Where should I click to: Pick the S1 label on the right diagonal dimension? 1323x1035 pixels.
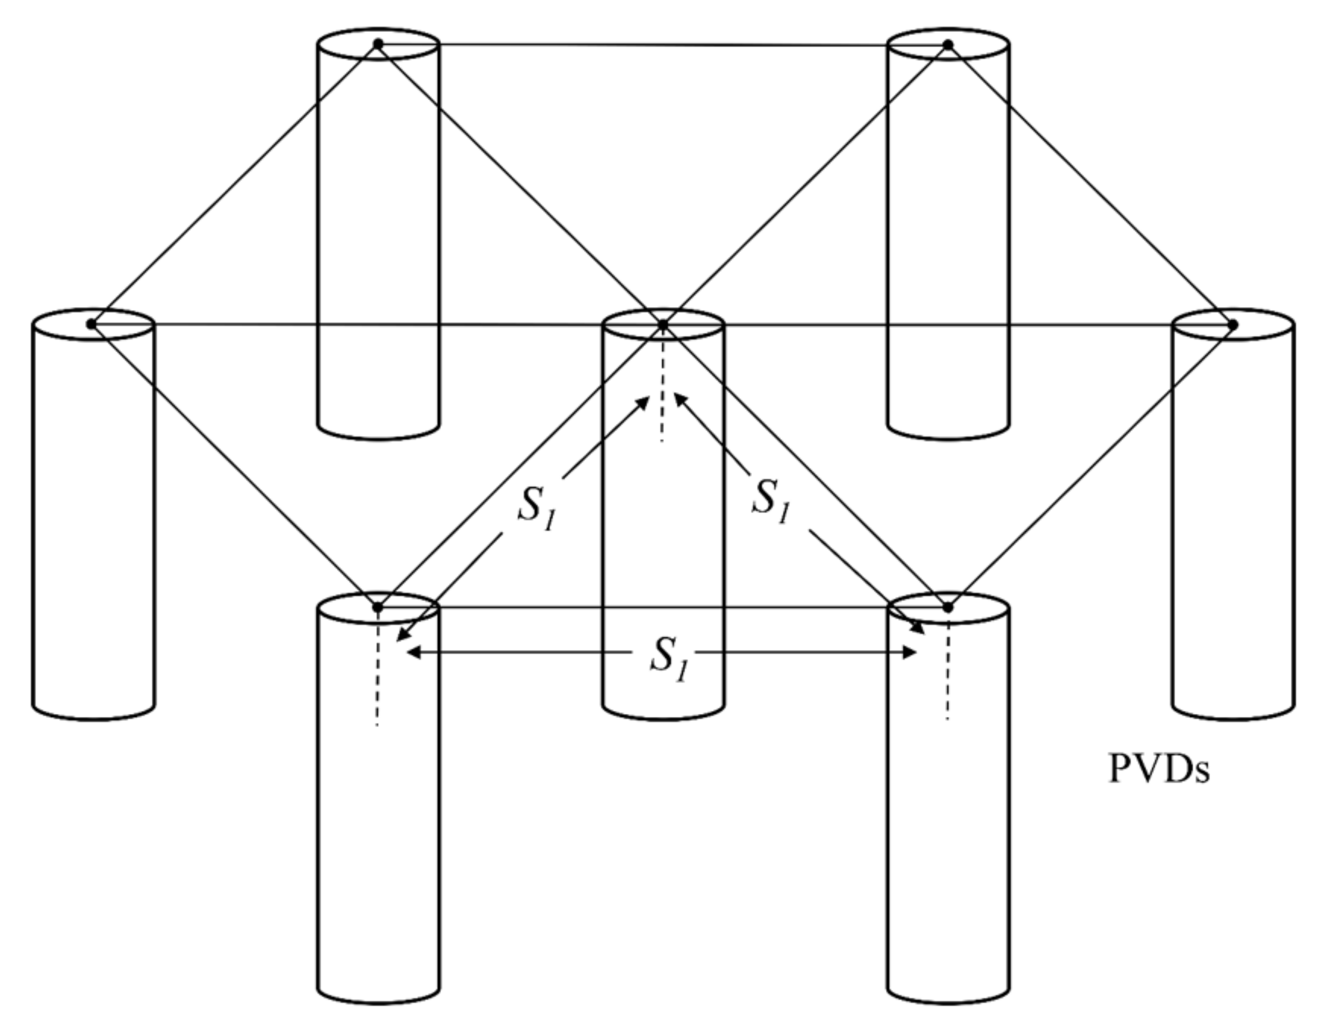(x=771, y=500)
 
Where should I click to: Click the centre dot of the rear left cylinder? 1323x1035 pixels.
(x=378, y=43)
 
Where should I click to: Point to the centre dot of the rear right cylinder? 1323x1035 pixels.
(x=948, y=44)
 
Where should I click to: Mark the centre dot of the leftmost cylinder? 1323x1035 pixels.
(x=91, y=324)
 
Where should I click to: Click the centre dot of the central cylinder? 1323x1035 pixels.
(x=663, y=325)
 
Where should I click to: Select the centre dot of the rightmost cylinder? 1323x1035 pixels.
(x=1233, y=325)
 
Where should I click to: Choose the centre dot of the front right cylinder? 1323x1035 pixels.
(x=948, y=607)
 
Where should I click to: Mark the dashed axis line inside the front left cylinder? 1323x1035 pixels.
(x=378, y=672)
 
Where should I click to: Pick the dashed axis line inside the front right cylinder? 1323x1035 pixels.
(x=948, y=672)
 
